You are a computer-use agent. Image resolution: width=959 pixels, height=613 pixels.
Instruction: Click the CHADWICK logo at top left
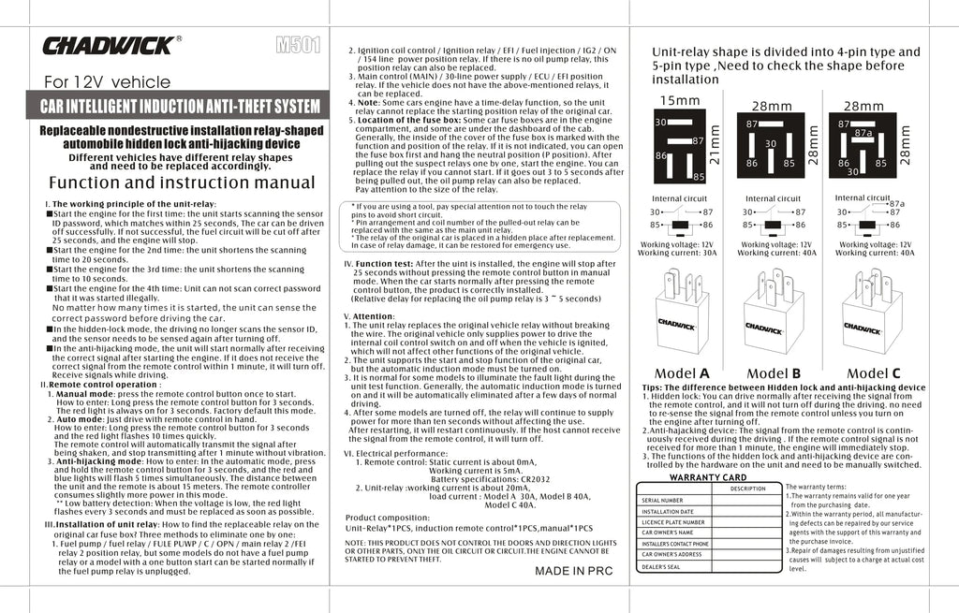pyautogui.click(x=109, y=45)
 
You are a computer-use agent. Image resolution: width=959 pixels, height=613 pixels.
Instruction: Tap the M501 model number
pyautogui.click(x=299, y=45)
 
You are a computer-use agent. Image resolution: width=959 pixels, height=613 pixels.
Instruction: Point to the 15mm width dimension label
pyautogui.click(x=680, y=100)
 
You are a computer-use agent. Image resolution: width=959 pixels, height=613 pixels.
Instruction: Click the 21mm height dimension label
pyautogui.click(x=716, y=145)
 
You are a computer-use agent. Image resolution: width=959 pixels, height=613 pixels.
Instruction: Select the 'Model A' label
pyautogui.click(x=682, y=373)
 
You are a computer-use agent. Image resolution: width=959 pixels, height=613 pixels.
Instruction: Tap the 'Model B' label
pyautogui.click(x=774, y=373)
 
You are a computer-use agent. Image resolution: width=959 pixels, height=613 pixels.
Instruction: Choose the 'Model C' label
pyautogui.click(x=871, y=373)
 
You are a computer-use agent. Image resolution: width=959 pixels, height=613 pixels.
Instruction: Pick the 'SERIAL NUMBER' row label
pyautogui.click(x=662, y=500)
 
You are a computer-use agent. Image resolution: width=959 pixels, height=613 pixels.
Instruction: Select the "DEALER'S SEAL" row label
pyautogui.click(x=660, y=565)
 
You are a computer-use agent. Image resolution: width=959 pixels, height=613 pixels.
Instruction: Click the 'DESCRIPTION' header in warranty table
pyautogui.click(x=748, y=489)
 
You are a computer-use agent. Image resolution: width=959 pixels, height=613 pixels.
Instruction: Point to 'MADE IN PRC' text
pyautogui.click(x=573, y=569)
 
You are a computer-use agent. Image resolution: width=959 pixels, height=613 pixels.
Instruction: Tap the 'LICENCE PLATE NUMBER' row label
pyautogui.click(x=672, y=522)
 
